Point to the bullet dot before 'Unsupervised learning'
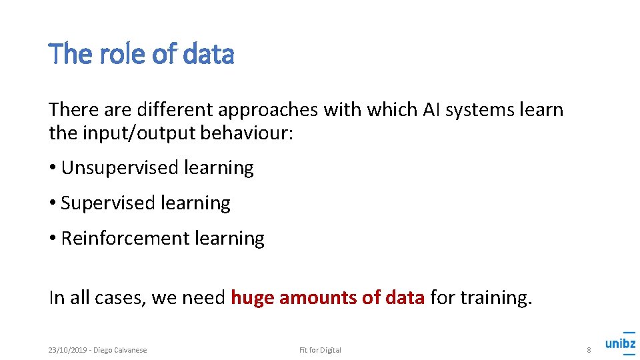(x=52, y=168)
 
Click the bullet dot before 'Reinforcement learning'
(x=52, y=239)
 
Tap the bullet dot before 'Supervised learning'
(x=52, y=203)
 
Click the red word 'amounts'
(x=317, y=298)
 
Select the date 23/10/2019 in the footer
(x=67, y=350)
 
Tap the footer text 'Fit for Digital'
(x=320, y=350)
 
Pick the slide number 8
(x=589, y=350)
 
